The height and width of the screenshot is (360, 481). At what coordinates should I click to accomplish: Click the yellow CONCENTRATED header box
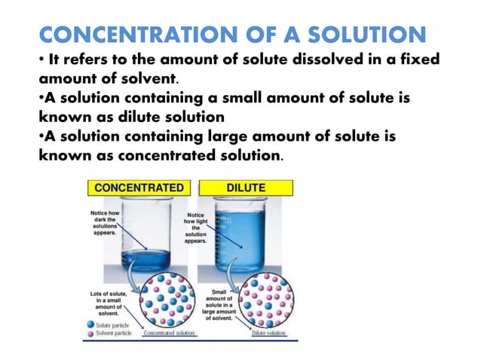(139, 187)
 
